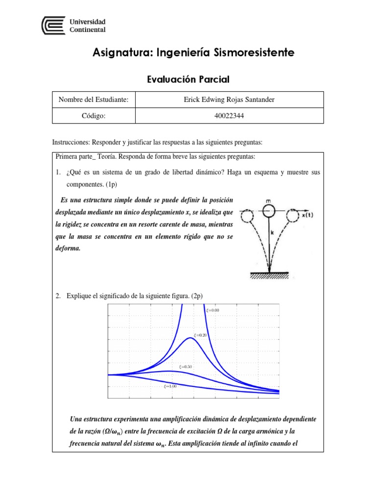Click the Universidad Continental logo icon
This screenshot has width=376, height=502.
52,25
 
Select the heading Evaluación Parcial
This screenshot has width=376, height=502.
188,79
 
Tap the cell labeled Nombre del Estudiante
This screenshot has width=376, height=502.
94,100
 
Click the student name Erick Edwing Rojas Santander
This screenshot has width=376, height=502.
229,100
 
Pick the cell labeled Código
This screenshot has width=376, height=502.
94,116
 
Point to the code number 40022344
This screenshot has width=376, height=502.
229,116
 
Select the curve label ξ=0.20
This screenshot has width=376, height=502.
201,335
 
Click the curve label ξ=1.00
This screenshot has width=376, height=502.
170,386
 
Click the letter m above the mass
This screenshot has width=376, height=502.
267,201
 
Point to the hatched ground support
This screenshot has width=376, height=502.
269,275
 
